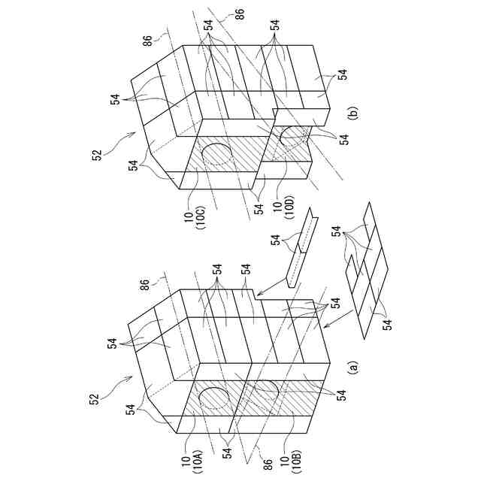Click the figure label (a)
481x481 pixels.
click(x=352, y=368)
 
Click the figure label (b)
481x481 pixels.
click(x=352, y=113)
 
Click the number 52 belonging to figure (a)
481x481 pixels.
click(x=97, y=399)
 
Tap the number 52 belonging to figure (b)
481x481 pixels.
click(x=97, y=155)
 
